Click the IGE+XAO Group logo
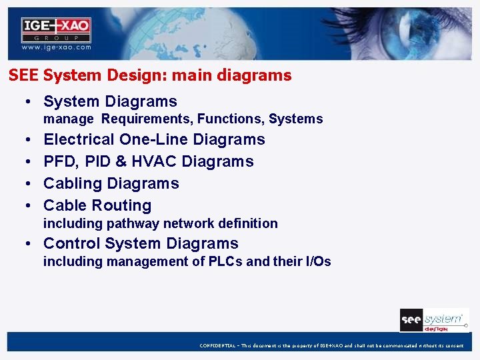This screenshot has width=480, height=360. pos(56,29)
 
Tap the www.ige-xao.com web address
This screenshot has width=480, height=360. pos(56,48)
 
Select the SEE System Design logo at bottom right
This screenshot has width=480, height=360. pos(433,320)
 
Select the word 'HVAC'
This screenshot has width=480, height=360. pos(154,162)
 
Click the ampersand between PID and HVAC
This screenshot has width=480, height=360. pos(121,162)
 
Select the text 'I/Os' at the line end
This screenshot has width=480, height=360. pos(317,262)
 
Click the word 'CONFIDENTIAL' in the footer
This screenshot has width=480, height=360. pos(217,345)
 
